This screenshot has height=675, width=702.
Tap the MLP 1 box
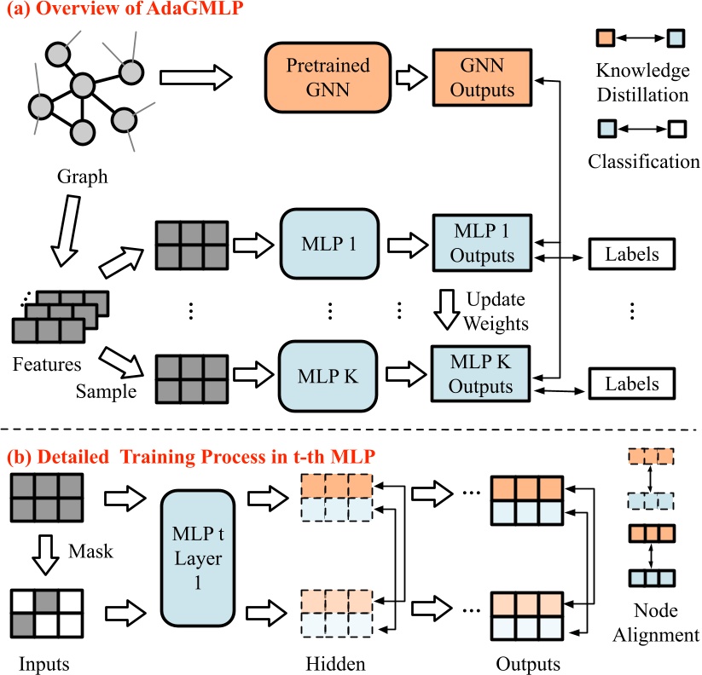click(x=328, y=244)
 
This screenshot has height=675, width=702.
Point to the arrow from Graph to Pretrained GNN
click(x=195, y=78)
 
